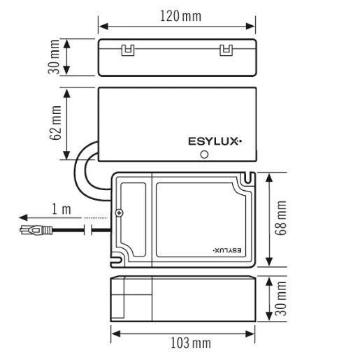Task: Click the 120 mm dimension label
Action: tap(178, 15)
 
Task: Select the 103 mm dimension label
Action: tap(192, 343)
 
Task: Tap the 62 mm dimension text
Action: tap(56, 124)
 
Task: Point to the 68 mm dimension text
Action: tap(282, 218)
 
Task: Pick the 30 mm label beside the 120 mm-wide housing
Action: tap(55, 57)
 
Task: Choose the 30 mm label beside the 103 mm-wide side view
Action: tap(282, 298)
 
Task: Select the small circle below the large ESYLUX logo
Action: tap(205, 155)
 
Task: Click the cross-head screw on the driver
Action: tap(119, 213)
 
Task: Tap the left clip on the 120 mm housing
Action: tap(127, 50)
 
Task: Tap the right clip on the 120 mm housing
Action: tap(225, 50)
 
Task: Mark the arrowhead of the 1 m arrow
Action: tap(22, 217)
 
